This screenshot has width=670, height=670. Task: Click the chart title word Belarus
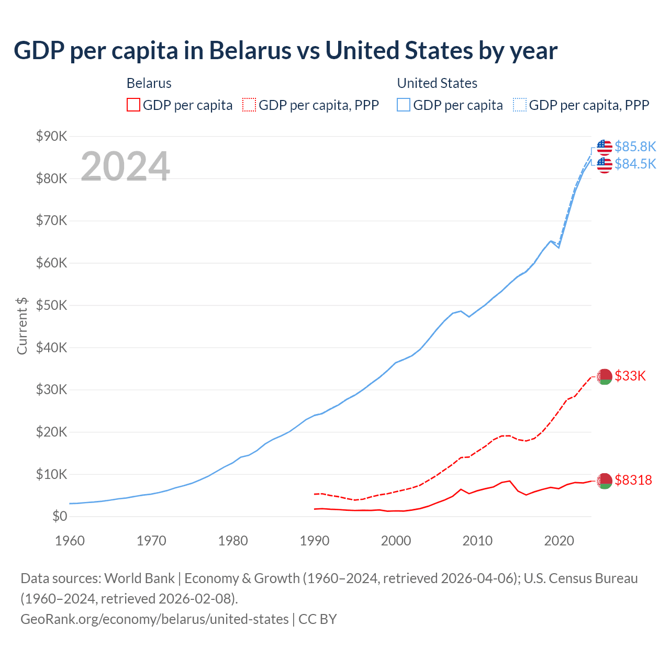coord(250,51)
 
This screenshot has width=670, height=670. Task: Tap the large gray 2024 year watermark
coord(125,166)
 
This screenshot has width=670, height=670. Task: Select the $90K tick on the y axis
coord(52,137)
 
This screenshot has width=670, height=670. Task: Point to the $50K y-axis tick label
coord(52,306)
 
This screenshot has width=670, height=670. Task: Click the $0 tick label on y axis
coord(60,517)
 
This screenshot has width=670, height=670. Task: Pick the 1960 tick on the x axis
coord(70,541)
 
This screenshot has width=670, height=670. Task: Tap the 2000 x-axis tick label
coord(396,541)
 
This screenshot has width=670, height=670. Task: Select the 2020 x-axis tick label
coord(559,541)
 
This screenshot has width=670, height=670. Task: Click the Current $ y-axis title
coord(22,326)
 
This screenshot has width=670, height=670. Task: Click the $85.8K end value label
coord(635,147)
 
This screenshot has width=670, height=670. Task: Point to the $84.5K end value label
coord(635,164)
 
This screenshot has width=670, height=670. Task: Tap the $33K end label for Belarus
coord(630,376)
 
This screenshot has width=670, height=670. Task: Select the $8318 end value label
coord(633,480)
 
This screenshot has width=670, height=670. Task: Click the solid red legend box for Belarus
coord(133,105)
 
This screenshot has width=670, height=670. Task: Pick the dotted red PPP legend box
coord(249,105)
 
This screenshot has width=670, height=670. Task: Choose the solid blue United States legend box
coord(404,105)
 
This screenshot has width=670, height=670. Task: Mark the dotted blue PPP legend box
coord(520,105)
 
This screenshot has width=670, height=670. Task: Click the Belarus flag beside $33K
coord(605,376)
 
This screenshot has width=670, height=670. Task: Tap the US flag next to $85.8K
coord(605,147)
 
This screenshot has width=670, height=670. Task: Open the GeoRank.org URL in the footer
coord(154,619)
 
